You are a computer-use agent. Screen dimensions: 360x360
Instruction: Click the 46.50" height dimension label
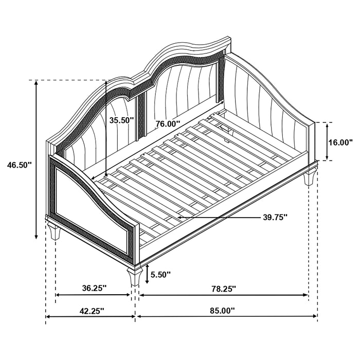(20, 166)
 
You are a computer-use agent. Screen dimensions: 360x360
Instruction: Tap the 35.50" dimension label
(122, 120)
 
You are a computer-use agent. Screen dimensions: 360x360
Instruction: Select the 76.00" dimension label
(168, 124)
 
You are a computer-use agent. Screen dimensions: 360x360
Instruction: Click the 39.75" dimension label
(289, 217)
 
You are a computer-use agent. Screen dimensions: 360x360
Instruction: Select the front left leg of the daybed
(56, 231)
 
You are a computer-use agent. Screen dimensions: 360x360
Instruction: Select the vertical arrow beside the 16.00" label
(328, 141)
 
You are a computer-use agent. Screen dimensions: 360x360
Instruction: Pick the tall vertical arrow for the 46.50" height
(37, 159)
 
